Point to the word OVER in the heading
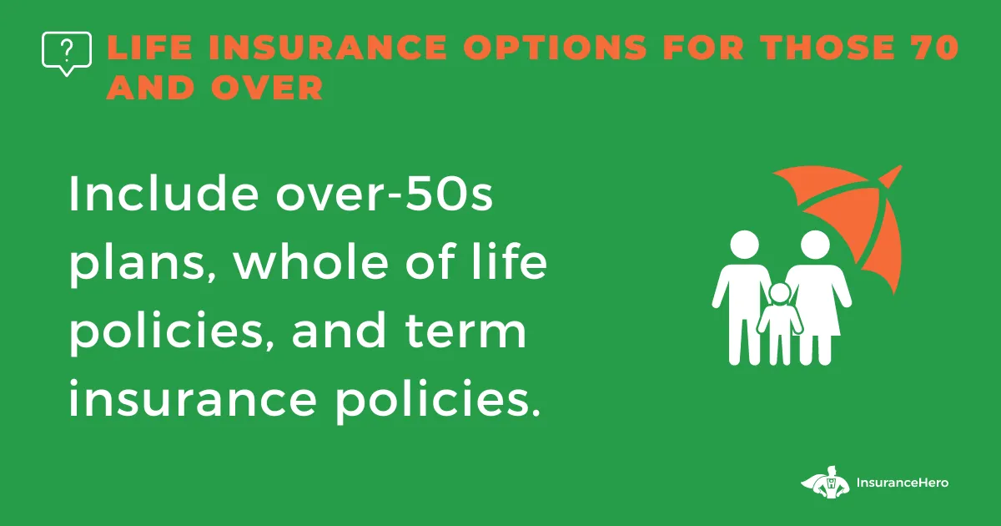tap(266, 87)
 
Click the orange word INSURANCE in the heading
tap(328, 47)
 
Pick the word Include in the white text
tap(163, 193)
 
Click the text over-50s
tap(385, 193)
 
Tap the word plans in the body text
tap(142, 265)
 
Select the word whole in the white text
tap(311, 260)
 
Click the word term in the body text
tap(465, 331)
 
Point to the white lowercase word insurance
tap(193, 397)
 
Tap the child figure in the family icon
tap(780, 323)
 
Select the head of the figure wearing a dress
tap(815, 245)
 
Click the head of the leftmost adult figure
tap(744, 245)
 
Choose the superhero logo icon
tap(825, 483)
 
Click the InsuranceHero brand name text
tap(903, 483)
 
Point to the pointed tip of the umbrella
tap(901, 166)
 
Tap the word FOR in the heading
tap(703, 47)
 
